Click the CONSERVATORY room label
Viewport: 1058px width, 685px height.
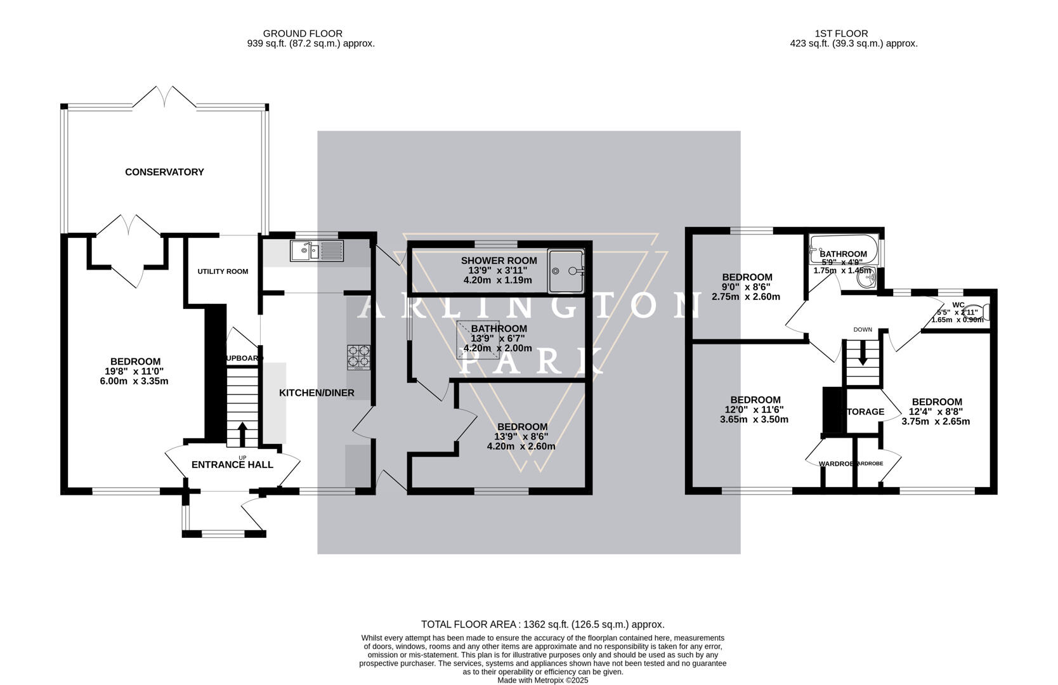coord(164,172)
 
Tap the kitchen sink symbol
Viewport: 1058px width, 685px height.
coord(316,251)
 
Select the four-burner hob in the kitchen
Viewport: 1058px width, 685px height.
coord(358,356)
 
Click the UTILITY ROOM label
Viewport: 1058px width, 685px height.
coord(223,271)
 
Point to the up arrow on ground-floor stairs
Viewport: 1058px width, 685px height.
coord(242,434)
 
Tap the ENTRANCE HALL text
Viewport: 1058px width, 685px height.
coord(232,465)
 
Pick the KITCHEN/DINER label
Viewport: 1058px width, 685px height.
coord(317,393)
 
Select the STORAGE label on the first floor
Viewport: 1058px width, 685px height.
coord(865,412)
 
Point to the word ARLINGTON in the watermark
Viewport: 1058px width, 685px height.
coord(530,306)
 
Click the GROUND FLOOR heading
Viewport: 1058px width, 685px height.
coord(303,34)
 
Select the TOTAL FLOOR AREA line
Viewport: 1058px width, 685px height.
coord(542,624)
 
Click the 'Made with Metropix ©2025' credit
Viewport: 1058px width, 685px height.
coord(542,680)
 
